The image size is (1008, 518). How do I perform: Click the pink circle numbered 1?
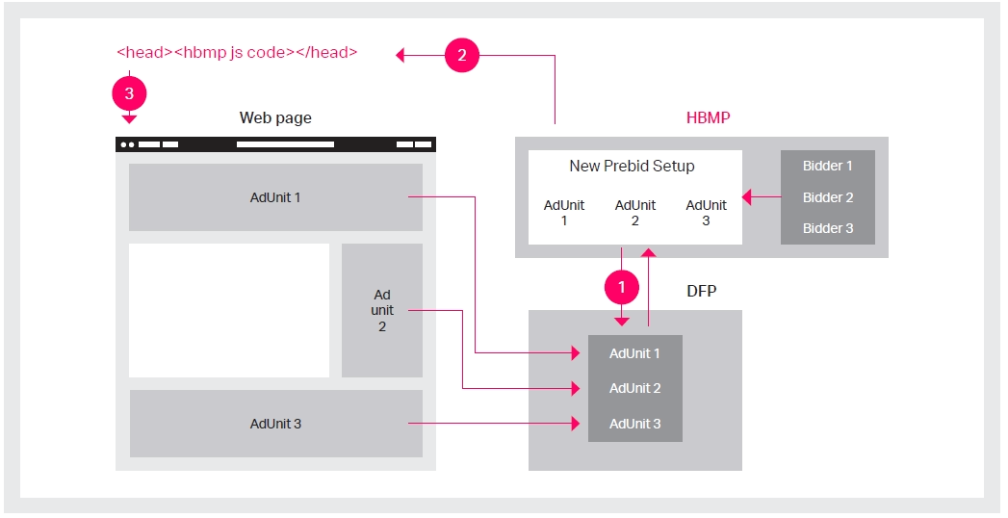pyautogui.click(x=622, y=287)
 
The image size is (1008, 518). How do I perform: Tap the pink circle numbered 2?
pyautogui.click(x=461, y=55)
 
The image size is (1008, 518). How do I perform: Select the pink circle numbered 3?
pyautogui.click(x=129, y=93)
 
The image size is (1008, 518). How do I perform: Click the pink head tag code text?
pyautogui.click(x=237, y=53)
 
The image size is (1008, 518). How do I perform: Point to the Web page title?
pyautogui.click(x=275, y=118)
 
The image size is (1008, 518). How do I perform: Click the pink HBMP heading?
pyautogui.click(x=708, y=118)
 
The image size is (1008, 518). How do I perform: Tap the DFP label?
pyautogui.click(x=701, y=291)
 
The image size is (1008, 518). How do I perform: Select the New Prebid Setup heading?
pyautogui.click(x=632, y=166)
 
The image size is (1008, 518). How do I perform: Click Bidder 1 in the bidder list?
pyautogui.click(x=827, y=166)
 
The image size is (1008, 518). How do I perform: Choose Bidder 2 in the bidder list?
pyautogui.click(x=827, y=197)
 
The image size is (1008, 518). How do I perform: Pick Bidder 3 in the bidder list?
pyautogui.click(x=827, y=228)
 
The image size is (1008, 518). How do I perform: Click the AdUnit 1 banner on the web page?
pyautogui.click(x=275, y=197)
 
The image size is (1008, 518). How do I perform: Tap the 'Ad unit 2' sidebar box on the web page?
pyautogui.click(x=382, y=310)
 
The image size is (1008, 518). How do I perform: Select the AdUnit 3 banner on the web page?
pyautogui.click(x=275, y=424)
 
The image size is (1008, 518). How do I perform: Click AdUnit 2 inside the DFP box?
pyautogui.click(x=635, y=388)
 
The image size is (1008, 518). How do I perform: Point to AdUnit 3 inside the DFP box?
pyautogui.click(x=635, y=424)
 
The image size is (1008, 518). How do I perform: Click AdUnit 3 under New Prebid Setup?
pyautogui.click(x=706, y=213)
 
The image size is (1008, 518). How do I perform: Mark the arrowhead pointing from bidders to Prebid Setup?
pyautogui.click(x=746, y=197)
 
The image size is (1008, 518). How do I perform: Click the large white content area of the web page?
pyautogui.click(x=229, y=310)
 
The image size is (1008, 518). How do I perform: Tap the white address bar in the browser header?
pyautogui.click(x=285, y=144)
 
